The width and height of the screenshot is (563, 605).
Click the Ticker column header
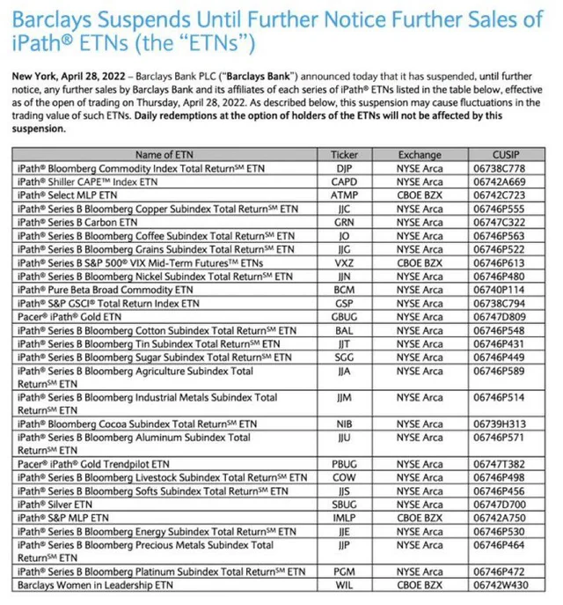[x=344, y=154]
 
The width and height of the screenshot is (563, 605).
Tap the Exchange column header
[x=420, y=154]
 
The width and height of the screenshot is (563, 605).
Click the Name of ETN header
[x=166, y=154]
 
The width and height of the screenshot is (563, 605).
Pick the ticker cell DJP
[x=344, y=166]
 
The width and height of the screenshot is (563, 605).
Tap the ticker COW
[x=344, y=478]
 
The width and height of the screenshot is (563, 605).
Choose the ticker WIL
[x=344, y=585]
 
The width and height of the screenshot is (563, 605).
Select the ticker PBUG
[x=344, y=464]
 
